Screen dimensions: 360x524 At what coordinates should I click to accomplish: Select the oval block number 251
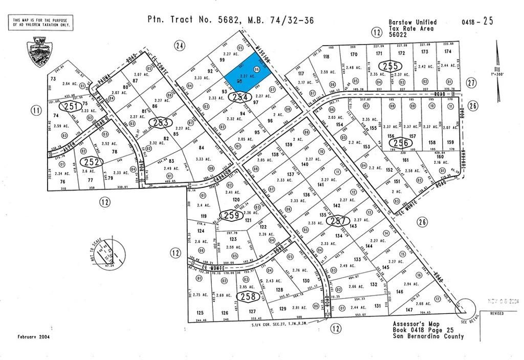click(71, 107)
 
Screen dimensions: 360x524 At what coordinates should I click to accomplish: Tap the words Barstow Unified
click(412, 23)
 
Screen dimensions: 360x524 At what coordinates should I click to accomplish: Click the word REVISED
click(497, 313)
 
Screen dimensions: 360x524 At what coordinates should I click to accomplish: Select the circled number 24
click(179, 46)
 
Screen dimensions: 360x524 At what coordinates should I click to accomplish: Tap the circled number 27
click(471, 82)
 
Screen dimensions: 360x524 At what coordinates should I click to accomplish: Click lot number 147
click(409, 310)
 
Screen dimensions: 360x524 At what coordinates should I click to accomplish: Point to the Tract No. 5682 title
click(230, 20)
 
